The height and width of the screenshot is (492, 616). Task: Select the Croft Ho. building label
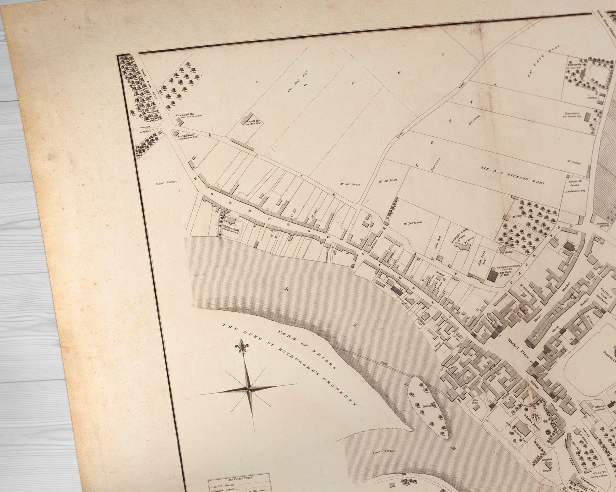coord(253,122)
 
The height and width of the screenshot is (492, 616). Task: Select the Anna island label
coord(428,407)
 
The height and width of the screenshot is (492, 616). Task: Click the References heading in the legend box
coord(239,478)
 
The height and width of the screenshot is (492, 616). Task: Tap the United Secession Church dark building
coord(493,275)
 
